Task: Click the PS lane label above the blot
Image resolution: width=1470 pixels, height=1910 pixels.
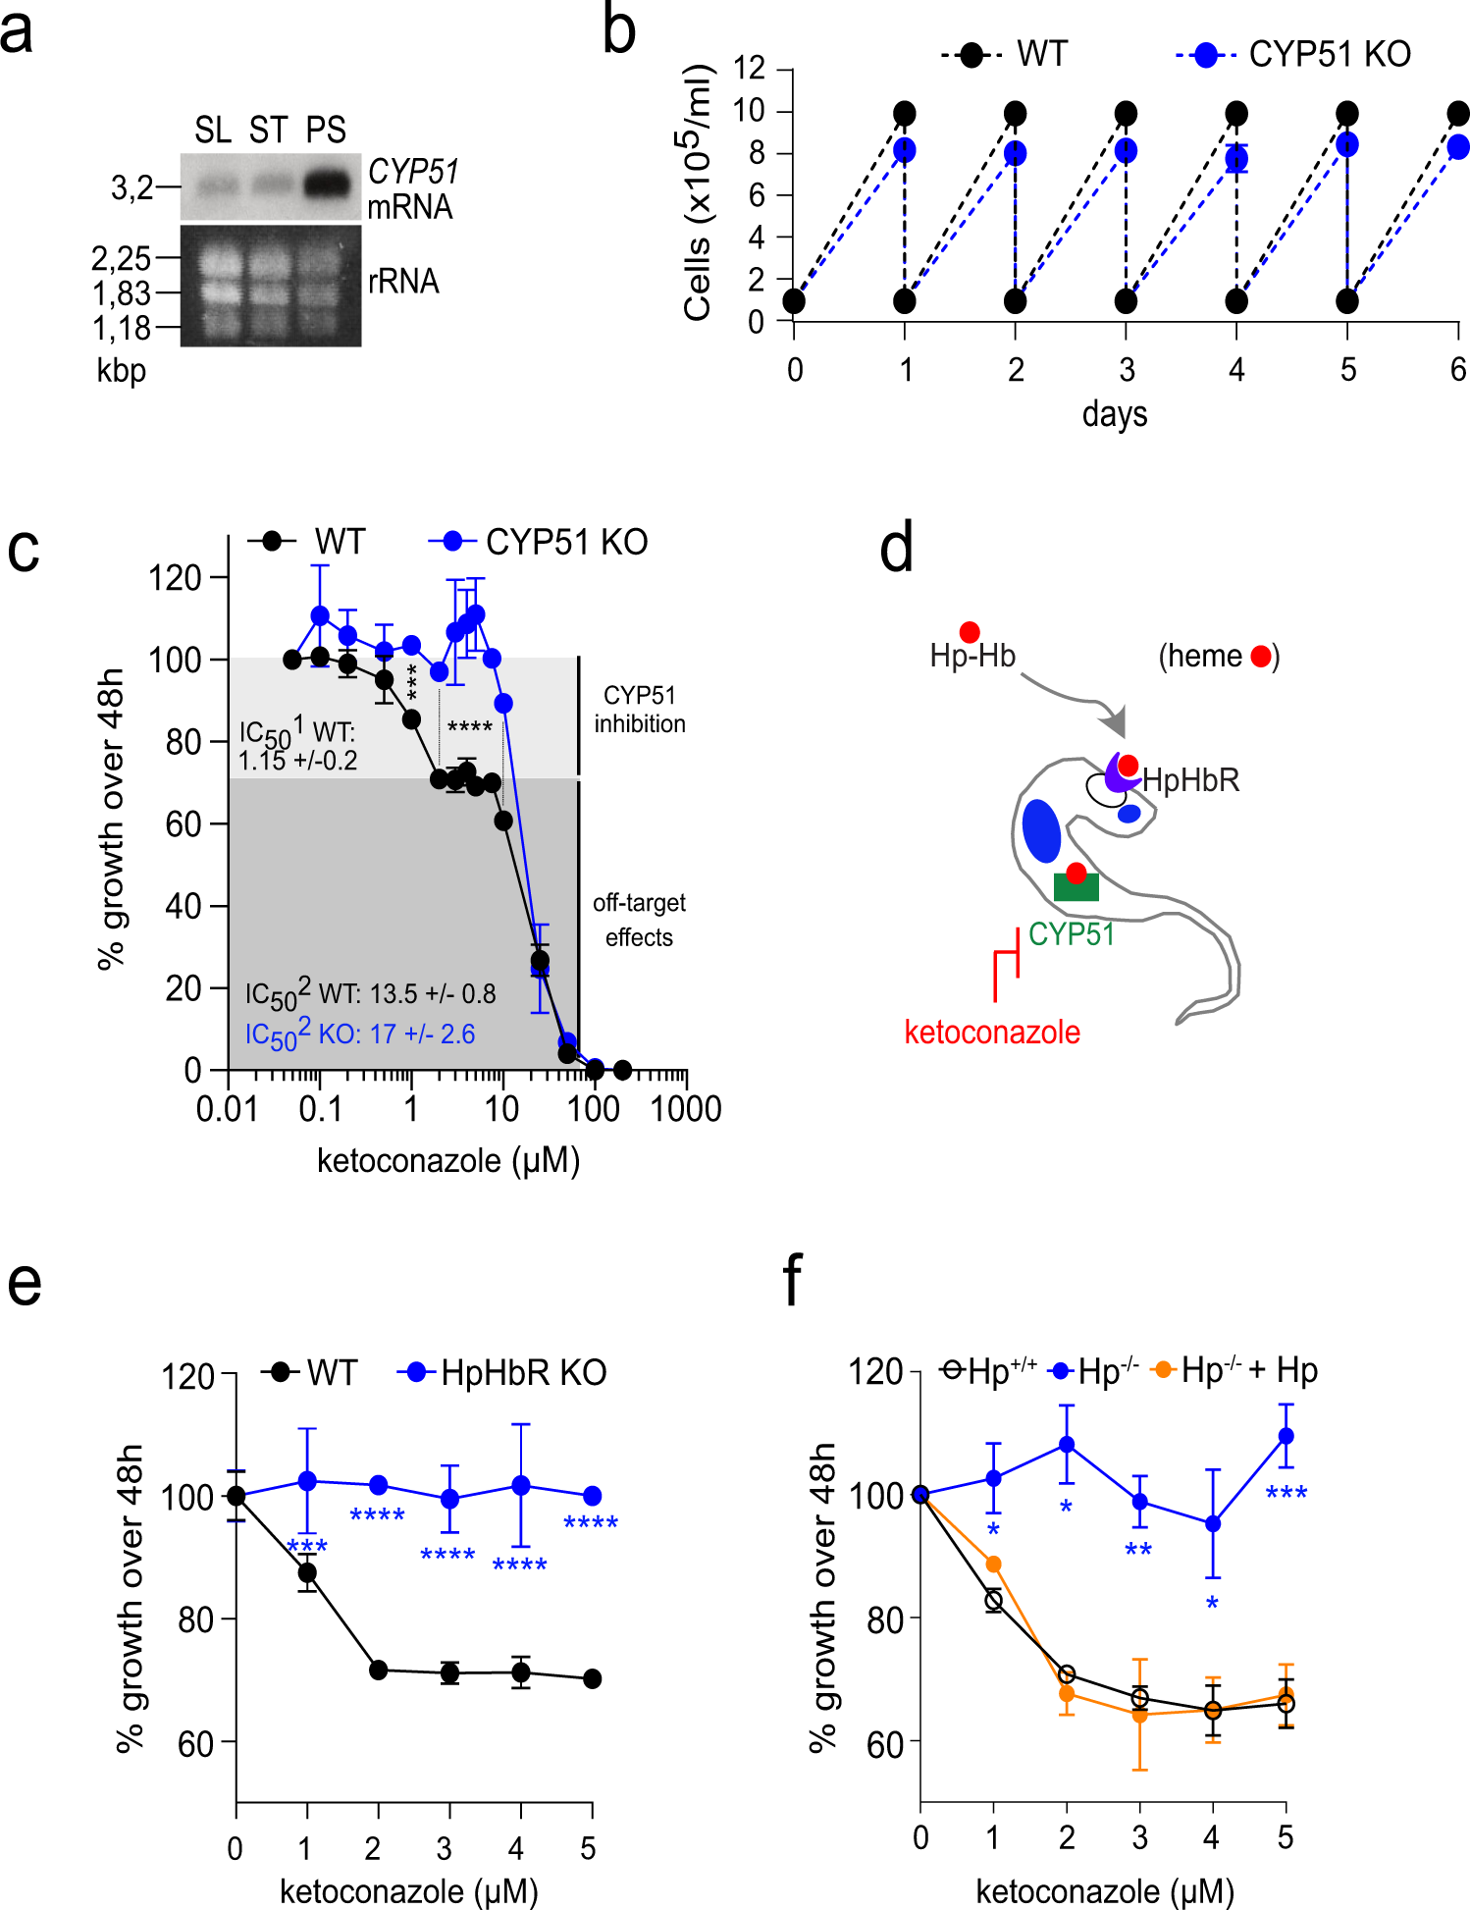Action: pos(326,131)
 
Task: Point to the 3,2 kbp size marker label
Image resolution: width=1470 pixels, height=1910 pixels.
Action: pos(131,187)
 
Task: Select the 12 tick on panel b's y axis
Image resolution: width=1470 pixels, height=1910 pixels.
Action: pos(749,69)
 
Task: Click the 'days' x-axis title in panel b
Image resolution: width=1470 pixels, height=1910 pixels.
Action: pos(1114,414)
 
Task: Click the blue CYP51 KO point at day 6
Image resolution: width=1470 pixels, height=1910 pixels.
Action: pos(1457,147)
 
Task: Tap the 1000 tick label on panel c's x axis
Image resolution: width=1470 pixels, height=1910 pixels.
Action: pos(686,1109)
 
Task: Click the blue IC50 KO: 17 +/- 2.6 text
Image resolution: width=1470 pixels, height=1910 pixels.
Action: pos(359,1035)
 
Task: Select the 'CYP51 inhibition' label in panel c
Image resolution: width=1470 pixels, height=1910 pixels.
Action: pos(640,710)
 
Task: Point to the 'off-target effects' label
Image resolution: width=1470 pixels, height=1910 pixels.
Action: pos(639,920)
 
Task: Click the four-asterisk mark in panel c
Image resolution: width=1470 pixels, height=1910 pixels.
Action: pos(469,727)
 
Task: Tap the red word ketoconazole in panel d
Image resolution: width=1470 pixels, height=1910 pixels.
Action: pos(992,1033)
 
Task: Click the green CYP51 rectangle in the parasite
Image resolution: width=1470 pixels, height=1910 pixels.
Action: pos(1076,887)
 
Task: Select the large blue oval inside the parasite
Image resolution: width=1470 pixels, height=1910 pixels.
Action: pos(1041,830)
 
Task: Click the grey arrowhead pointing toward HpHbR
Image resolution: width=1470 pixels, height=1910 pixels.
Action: pos(1114,723)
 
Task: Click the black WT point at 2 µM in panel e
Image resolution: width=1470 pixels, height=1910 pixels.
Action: pos(379,1670)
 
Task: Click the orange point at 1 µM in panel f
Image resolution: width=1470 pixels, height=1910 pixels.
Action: pos(993,1564)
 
